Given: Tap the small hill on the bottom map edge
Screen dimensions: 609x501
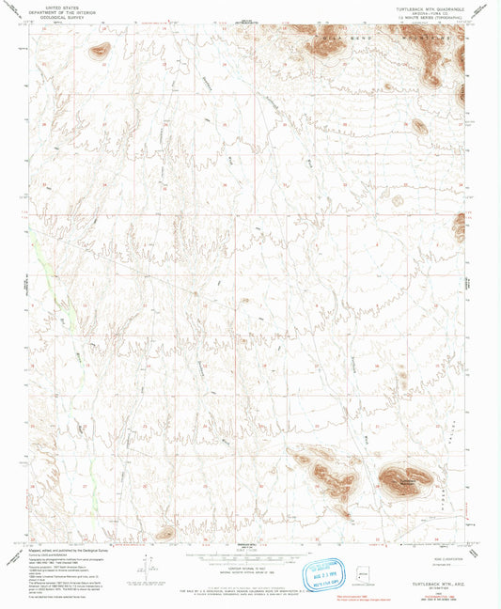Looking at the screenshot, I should (164, 534).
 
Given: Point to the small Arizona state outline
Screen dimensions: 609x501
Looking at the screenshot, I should (364, 572).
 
